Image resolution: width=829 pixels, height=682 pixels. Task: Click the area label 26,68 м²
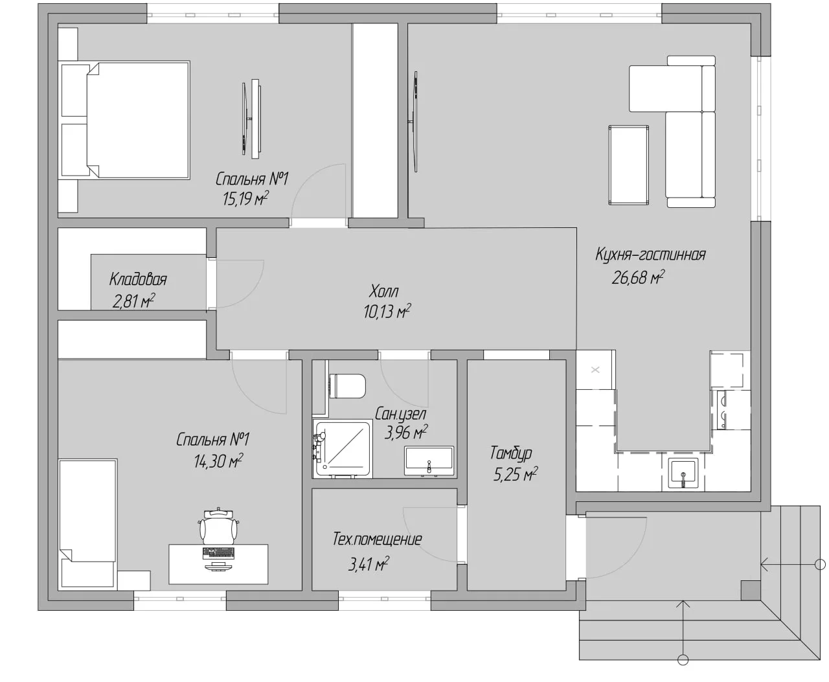pyautogui.click(x=637, y=277)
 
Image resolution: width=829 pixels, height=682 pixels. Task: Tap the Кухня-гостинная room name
pyautogui.click(x=650, y=255)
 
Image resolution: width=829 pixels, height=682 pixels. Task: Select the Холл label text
pyautogui.click(x=384, y=291)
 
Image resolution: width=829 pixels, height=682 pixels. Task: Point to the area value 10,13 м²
pyautogui.click(x=387, y=311)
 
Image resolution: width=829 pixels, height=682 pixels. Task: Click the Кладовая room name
pyautogui.click(x=138, y=279)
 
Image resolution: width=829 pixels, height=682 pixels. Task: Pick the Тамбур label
pyautogui.click(x=511, y=453)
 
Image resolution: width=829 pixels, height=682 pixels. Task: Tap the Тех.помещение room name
pyautogui.click(x=378, y=539)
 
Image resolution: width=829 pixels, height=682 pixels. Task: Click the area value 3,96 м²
pyautogui.click(x=406, y=433)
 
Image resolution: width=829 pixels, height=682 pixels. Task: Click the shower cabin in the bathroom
pyautogui.click(x=343, y=449)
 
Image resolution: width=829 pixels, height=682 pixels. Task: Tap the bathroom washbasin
pyautogui.click(x=429, y=461)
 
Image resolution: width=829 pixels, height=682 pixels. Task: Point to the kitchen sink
pyautogui.click(x=683, y=473)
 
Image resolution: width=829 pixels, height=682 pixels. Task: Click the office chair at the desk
pyautogui.click(x=219, y=526)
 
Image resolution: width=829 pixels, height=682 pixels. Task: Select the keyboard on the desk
pyautogui.click(x=218, y=553)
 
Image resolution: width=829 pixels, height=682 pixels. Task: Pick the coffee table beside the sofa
pyautogui.click(x=628, y=165)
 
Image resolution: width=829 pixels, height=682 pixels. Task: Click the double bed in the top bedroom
pyautogui.click(x=126, y=120)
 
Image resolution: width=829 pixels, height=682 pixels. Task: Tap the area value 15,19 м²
pyautogui.click(x=245, y=198)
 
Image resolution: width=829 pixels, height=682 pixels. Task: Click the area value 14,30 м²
pyautogui.click(x=218, y=460)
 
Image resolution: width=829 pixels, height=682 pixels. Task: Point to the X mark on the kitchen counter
pyautogui.click(x=595, y=370)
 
